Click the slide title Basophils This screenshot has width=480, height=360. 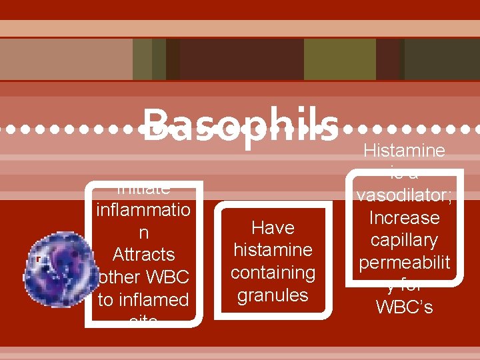(240, 125)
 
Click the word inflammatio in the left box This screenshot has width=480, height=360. (143, 210)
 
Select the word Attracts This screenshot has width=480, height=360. (143, 255)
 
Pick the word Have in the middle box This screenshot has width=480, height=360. (273, 228)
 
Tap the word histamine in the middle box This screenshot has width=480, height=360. (273, 250)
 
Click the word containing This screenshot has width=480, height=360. (273, 273)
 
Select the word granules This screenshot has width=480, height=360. (273, 295)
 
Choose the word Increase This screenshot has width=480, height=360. (404, 218)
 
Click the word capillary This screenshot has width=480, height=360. (404, 240)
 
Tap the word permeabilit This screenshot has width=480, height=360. (404, 263)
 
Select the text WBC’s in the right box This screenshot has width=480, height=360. (404, 307)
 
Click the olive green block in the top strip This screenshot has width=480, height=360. (340, 59)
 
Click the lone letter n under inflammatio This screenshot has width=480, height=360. (143, 233)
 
